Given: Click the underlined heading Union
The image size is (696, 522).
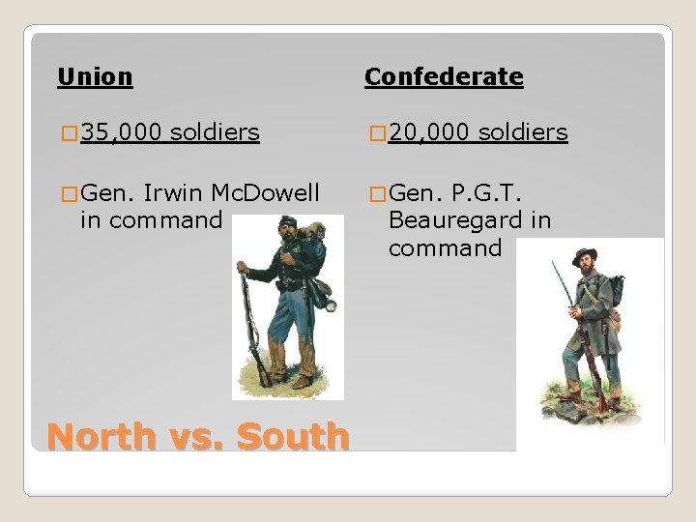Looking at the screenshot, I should click(95, 74).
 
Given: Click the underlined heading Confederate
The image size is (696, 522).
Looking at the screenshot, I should click(444, 76).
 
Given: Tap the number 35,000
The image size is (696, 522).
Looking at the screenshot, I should click(122, 132).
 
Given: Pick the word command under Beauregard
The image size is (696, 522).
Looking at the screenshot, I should click(445, 249).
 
